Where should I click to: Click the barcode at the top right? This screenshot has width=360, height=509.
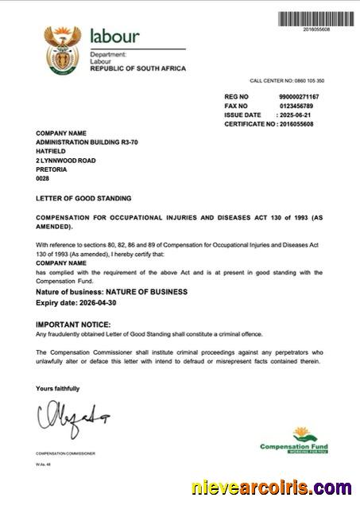pos(315,19)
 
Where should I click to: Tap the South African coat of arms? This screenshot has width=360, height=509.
pos(62,49)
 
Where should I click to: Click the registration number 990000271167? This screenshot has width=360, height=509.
pos(299,96)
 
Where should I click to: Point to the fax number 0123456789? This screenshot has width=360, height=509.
pos(296,106)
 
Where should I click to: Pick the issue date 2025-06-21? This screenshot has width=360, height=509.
pos(296,115)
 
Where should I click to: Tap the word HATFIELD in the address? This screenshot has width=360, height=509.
pos(51,150)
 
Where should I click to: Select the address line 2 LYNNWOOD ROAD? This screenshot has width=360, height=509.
pos(66,160)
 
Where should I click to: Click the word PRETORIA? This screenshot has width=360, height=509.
pos(52,169)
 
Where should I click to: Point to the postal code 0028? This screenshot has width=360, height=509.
pos(43,179)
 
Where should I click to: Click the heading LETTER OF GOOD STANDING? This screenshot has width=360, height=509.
pos(83,198)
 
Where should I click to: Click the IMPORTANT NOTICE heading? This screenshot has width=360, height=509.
pos(73,324)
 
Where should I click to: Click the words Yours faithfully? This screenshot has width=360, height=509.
pos(57,388)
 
